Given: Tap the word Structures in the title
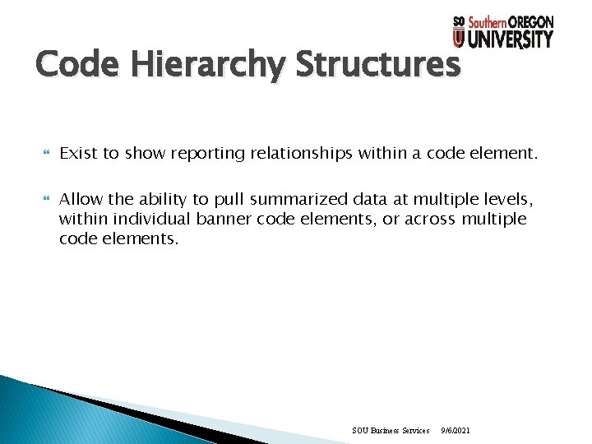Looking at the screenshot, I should pos(377,64).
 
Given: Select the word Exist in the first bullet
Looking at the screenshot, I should pos(79,152).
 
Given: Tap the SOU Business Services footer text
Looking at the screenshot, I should pos(391,430).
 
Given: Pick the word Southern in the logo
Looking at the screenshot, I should pos(487,22).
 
